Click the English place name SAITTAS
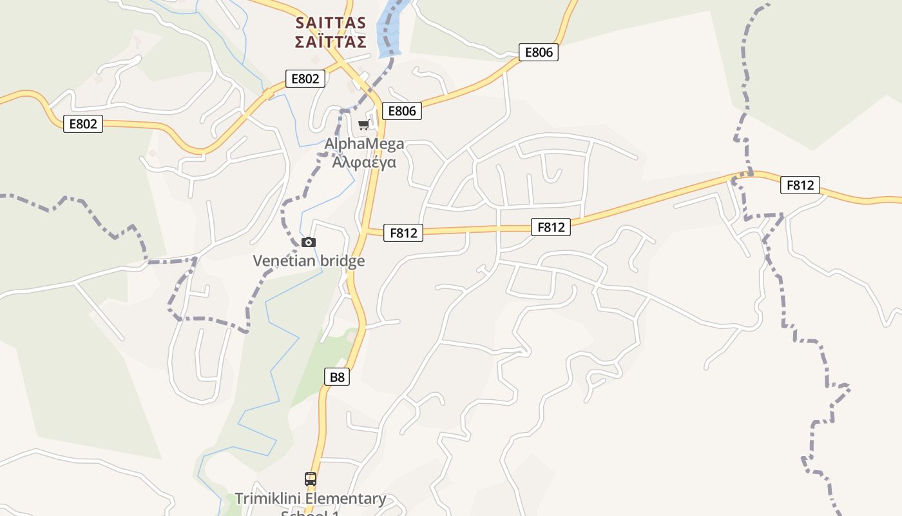point(331,23)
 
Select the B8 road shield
point(337,377)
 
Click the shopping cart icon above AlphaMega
point(364,124)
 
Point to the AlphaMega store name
point(365,144)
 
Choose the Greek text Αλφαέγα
point(365,162)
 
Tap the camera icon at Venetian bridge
point(309,243)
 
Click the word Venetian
point(284,261)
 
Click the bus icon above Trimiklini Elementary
point(311,479)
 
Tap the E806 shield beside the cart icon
point(402,111)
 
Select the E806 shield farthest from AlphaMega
point(539,52)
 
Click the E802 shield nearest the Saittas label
point(305,79)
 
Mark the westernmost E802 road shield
point(84,124)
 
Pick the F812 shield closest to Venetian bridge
point(403,233)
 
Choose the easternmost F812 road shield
point(800,185)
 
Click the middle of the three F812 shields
point(551,227)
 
